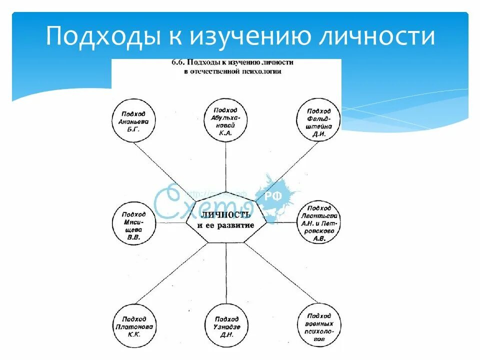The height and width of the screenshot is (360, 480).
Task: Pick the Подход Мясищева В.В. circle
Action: click(133, 223)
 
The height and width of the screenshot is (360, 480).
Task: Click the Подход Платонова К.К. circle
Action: click(133, 325)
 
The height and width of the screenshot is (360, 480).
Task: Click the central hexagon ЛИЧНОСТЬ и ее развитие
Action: click(226, 220)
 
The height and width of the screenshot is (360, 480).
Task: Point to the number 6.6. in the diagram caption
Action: click(175, 63)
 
